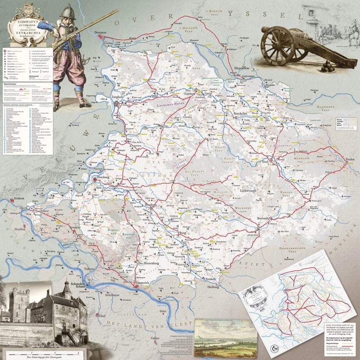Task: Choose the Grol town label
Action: [268, 160]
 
